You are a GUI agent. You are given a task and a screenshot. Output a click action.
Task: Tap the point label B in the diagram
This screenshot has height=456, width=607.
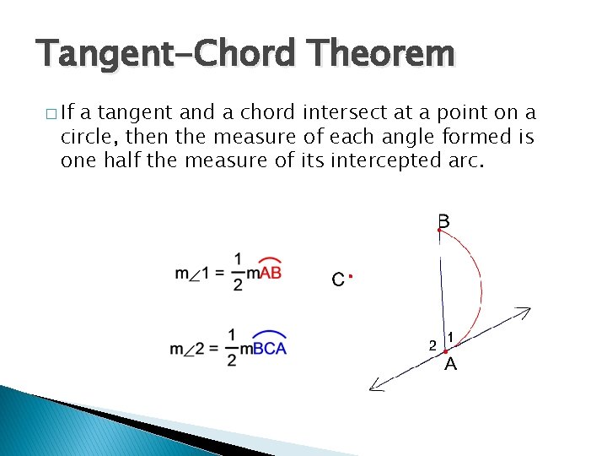tap(443, 221)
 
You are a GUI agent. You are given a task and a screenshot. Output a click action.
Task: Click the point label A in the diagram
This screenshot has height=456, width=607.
tap(450, 365)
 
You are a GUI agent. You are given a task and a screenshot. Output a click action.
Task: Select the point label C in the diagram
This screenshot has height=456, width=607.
tap(337, 280)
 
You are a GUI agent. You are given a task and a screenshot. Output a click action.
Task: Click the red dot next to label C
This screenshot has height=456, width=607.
tap(349, 276)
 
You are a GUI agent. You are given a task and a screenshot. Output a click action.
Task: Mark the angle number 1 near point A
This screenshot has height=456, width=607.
tap(451, 337)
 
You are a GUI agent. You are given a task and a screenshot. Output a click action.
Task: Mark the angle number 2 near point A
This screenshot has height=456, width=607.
tap(432, 345)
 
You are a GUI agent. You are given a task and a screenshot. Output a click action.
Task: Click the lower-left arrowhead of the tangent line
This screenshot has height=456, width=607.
tap(376, 387)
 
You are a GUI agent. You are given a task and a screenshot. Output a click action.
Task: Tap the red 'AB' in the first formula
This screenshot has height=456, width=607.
tap(270, 273)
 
